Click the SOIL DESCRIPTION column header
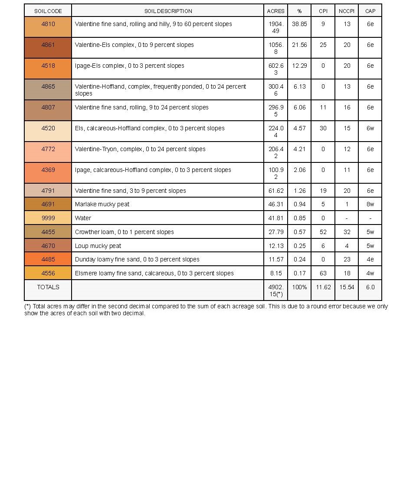168,11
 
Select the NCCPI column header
347,11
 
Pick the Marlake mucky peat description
102,204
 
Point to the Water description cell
83,218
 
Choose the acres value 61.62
276,191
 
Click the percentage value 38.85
299,24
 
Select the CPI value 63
323,273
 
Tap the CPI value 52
323,232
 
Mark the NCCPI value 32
347,232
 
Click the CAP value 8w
370,204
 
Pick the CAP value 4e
370,259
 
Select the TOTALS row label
48,287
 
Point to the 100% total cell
299,287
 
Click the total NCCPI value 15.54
347,287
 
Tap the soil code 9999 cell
48,218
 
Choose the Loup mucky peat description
98,246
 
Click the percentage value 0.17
299,273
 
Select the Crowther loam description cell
125,232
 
